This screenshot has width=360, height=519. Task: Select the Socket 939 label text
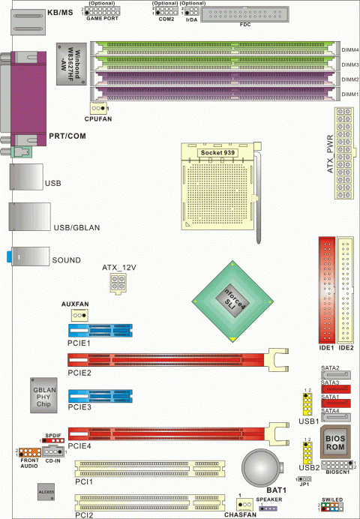click(x=217, y=151)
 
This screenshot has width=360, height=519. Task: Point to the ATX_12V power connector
click(x=119, y=284)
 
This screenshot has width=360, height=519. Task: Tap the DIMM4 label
click(x=349, y=49)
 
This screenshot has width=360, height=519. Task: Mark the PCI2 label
click(x=83, y=515)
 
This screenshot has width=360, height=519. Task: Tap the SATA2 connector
click(x=330, y=376)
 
